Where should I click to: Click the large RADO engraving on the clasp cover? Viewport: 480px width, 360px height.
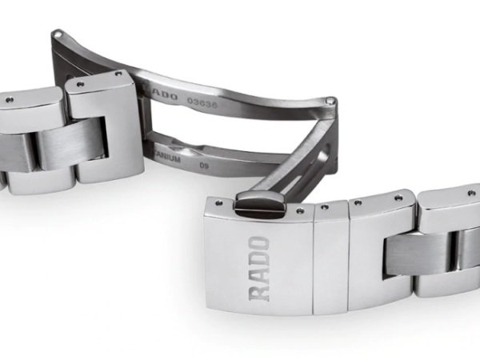(x=261, y=267)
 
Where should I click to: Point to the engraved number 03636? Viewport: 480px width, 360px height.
(x=200, y=102)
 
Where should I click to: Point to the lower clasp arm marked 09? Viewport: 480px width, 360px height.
(x=240, y=160)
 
